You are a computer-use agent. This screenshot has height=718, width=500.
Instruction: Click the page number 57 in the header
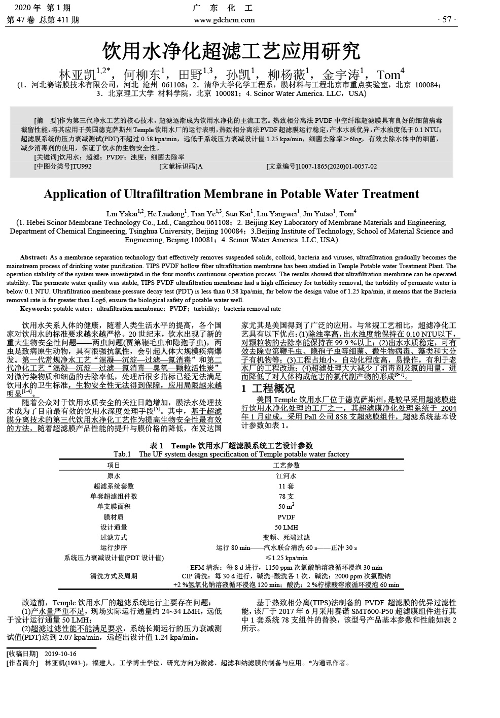pyautogui.click(x=446, y=20)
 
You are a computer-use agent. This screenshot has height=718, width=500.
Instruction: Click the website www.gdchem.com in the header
pyautogui.click(x=224, y=20)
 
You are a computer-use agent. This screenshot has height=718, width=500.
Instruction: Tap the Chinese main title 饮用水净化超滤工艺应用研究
pyautogui.click(x=231, y=51)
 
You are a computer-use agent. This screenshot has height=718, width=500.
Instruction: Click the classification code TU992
pyautogui.click(x=82, y=166)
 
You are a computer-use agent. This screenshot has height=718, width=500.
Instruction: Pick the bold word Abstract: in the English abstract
pyautogui.click(x=34, y=257)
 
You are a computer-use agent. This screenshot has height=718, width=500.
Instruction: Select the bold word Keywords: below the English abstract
pyautogui.click(x=35, y=309)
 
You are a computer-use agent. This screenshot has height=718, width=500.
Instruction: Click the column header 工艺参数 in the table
pyautogui.click(x=286, y=465)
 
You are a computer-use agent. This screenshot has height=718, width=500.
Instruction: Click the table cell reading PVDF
pyautogui.click(x=286, y=517)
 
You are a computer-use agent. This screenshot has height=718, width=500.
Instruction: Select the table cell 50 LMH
pyautogui.click(x=286, y=527)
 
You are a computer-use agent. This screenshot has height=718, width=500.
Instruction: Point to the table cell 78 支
pyautogui.click(x=286, y=496)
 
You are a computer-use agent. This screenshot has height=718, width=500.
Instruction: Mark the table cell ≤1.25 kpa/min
pyautogui.click(x=286, y=558)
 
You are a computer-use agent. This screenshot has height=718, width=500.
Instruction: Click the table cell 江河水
pyautogui.click(x=286, y=476)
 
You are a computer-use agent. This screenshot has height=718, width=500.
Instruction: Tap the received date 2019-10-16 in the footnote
pyautogui.click(x=60, y=654)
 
